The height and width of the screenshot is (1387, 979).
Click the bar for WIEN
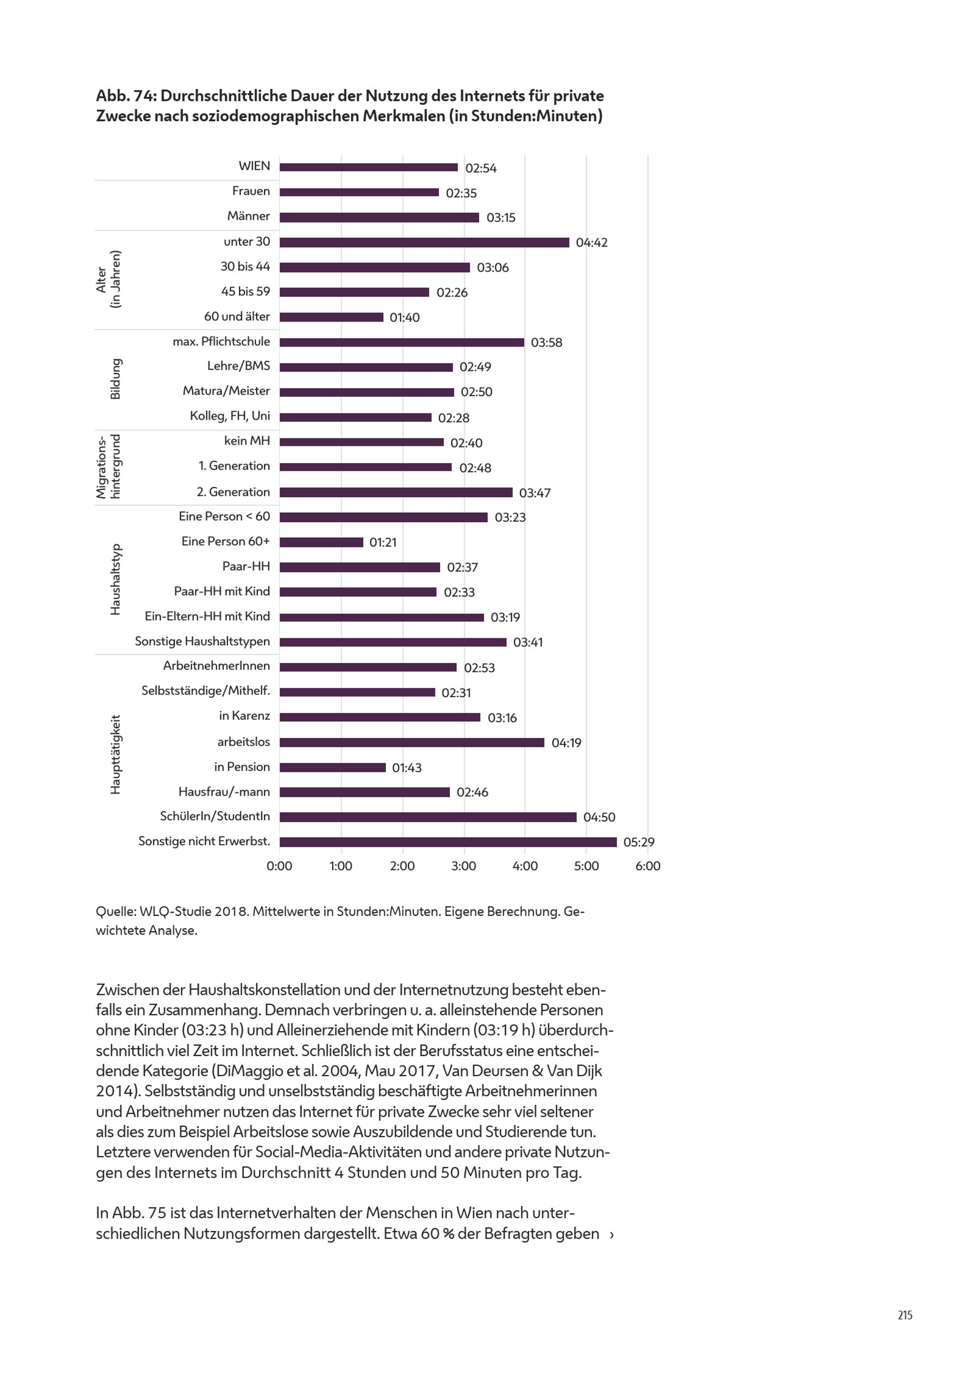point(368,167)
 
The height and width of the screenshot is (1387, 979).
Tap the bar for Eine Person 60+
point(321,542)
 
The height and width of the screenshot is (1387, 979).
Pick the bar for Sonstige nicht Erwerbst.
point(447,842)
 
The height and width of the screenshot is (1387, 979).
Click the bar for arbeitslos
point(412,742)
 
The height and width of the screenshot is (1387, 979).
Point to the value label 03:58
point(546,343)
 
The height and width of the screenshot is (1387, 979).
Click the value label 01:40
point(404,318)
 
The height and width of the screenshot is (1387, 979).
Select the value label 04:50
point(599,817)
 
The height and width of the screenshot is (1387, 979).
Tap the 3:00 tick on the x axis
point(464,866)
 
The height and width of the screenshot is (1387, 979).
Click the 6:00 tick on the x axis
point(647,866)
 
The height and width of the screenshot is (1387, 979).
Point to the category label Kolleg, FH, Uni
point(230,416)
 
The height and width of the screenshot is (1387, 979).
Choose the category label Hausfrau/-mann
point(224,792)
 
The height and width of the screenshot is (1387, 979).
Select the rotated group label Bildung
point(116,379)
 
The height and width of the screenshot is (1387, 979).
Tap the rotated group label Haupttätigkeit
point(116,755)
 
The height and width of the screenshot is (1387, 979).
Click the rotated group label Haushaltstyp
point(116,580)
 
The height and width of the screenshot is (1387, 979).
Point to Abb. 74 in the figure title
point(125,96)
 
